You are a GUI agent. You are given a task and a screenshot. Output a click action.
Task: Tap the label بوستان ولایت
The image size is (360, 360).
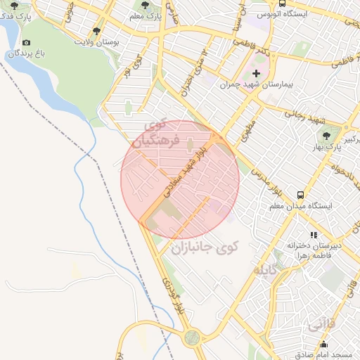pyautogui.click(x=96, y=42)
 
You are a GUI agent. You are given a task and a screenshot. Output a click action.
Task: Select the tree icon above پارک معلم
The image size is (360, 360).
pyautogui.click(x=145, y=5)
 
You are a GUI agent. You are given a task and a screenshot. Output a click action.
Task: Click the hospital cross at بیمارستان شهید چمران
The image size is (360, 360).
pyautogui.click(x=256, y=72)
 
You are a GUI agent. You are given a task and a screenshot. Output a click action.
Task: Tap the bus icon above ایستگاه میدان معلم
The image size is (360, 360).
pyautogui.click(x=301, y=195)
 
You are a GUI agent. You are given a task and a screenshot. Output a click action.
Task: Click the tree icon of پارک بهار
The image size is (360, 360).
pyautogui.click(x=326, y=134)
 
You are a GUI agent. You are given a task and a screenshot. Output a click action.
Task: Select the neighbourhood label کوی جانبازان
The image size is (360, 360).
pyautogui.click(x=204, y=247)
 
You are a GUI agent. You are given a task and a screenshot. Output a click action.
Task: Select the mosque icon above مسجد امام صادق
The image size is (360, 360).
pyautogui.click(x=323, y=345)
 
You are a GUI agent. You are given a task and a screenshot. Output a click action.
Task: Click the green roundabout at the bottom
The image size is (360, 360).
pyautogui.click(x=191, y=338)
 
